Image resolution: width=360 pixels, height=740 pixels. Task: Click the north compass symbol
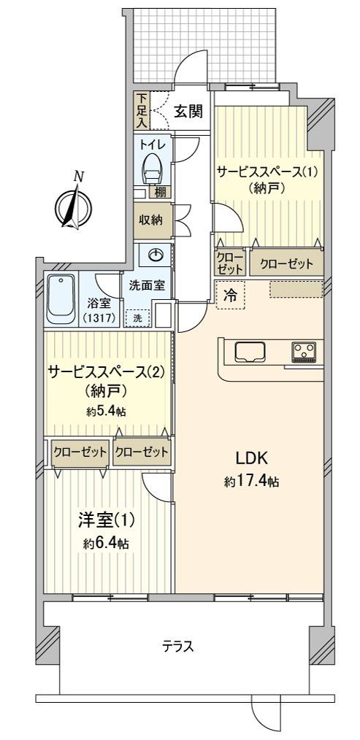pyautogui.click(x=73, y=207)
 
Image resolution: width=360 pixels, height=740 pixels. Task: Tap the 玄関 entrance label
pyautogui.click(x=188, y=112)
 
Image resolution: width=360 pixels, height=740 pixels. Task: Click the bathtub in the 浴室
pyautogui.click(x=61, y=300)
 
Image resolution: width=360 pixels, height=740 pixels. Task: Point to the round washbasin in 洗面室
pyautogui.click(x=155, y=255)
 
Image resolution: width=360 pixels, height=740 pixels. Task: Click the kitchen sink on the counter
pyautogui.click(x=250, y=352)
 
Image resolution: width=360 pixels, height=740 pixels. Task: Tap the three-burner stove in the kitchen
pyautogui.click(x=305, y=352)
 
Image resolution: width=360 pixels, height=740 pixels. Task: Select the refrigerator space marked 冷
pyautogui.click(x=231, y=295)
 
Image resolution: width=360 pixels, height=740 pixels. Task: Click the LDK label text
pyautogui.click(x=252, y=458)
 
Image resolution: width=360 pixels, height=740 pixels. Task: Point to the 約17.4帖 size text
pyautogui.click(x=251, y=482)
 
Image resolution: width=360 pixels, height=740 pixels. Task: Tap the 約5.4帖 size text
pyautogui.click(x=106, y=412)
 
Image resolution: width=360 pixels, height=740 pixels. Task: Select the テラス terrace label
pyautogui.click(x=178, y=646)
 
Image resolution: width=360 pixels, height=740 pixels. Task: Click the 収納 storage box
pyautogui.click(x=152, y=221)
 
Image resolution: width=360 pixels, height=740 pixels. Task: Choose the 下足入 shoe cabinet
pyautogui.click(x=142, y=110)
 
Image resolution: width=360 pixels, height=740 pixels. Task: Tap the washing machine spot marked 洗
pyautogui.click(x=137, y=318)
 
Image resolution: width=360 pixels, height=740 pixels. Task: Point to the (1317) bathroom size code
pyautogui.click(x=99, y=317)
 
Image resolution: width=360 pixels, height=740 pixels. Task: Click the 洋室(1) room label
pyautogui.click(x=107, y=520)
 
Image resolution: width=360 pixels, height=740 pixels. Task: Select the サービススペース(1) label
pyautogui.click(x=266, y=171)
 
